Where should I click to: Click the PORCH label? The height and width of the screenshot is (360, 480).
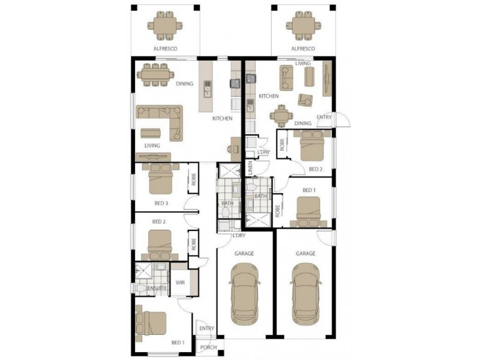(x=208, y=347)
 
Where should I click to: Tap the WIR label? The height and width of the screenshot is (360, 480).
(x=180, y=283)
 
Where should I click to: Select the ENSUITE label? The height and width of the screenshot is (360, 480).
(x=157, y=288)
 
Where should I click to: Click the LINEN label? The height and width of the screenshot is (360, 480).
(x=250, y=168)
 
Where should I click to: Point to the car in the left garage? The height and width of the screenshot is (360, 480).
(x=244, y=293)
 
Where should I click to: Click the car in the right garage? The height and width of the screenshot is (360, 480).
(x=305, y=293)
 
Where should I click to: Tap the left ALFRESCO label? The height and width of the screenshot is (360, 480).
(x=166, y=49)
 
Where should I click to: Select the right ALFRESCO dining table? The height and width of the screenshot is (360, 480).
(x=304, y=26)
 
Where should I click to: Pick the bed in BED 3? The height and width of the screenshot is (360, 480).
(x=161, y=179)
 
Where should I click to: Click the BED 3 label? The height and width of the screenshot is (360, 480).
(x=161, y=203)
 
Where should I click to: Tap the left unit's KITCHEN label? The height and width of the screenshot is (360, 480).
(x=223, y=118)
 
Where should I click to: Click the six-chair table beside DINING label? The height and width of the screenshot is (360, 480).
(x=155, y=74)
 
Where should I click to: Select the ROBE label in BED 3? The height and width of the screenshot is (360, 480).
(x=193, y=179)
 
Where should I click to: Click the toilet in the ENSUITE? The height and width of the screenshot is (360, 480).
(x=141, y=288)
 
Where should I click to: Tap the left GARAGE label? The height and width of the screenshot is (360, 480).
(x=244, y=253)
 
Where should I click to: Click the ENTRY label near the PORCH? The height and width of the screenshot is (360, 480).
(x=206, y=328)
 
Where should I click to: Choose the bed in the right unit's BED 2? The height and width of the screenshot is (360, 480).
(x=312, y=145)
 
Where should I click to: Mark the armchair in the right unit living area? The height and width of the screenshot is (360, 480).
(x=305, y=100)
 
